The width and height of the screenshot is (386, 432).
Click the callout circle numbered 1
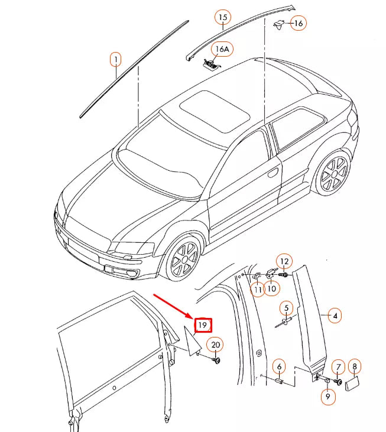(116, 59)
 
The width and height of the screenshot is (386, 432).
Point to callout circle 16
(298, 24)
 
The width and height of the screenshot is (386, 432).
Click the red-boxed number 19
(203, 325)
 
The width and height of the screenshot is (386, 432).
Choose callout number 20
(215, 345)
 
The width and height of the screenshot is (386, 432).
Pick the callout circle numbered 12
(284, 261)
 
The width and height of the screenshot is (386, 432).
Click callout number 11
(258, 290)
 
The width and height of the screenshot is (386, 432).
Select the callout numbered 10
(272, 290)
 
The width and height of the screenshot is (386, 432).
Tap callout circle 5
(286, 308)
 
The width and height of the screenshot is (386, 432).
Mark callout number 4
(335, 316)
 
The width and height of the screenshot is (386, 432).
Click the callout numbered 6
(280, 367)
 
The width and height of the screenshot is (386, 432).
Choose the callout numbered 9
(327, 398)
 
